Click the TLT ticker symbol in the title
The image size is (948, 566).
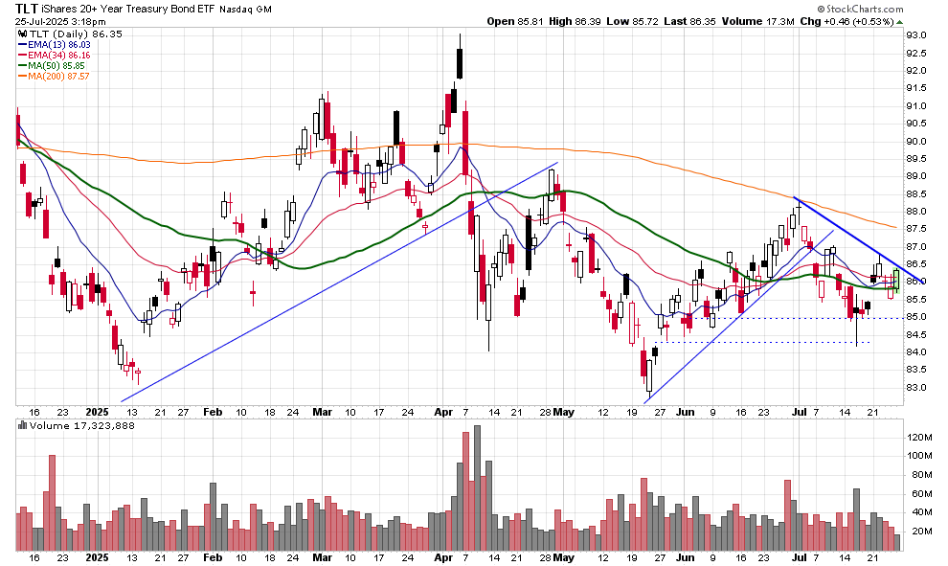(28, 8)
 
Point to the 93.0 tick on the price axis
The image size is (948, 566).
(918, 35)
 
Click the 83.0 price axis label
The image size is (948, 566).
(918, 388)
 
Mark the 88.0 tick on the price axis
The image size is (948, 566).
(918, 212)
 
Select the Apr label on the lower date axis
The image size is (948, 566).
(443, 556)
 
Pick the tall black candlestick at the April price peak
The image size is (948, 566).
(461, 57)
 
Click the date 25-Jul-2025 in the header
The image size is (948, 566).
(37, 21)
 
